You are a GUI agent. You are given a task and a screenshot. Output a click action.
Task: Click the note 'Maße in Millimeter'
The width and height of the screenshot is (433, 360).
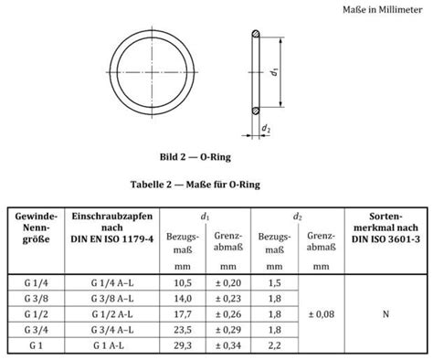tap(378, 10)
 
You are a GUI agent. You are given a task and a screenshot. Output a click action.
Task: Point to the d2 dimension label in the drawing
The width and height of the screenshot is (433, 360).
tap(266, 130)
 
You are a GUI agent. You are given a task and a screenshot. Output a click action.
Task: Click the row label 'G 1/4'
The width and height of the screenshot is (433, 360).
tap(34, 283)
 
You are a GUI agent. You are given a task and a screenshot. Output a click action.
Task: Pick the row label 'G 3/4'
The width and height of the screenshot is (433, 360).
tap(34, 329)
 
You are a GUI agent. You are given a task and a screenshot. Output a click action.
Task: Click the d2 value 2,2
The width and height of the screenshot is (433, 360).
tap(274, 344)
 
